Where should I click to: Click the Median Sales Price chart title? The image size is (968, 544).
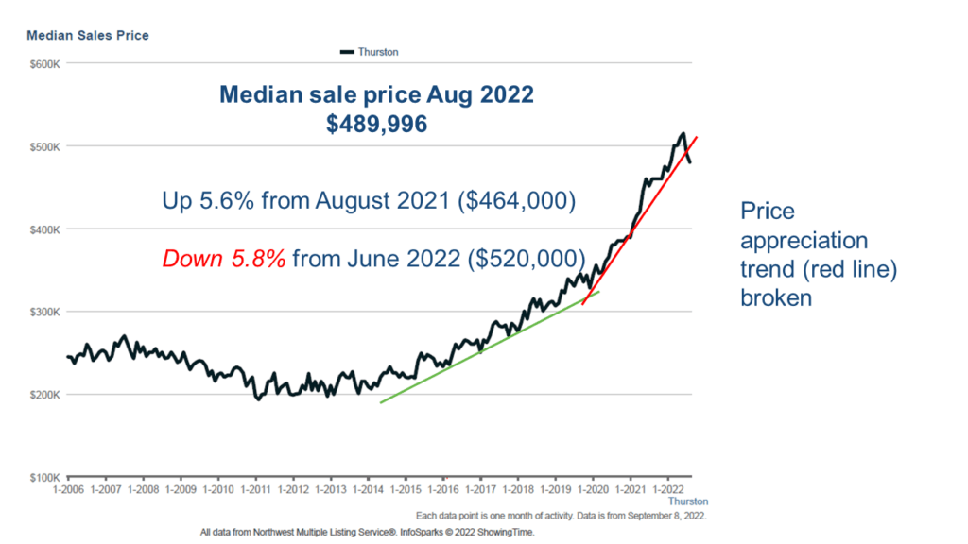coord(88,36)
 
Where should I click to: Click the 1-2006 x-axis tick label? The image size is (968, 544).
coord(68,490)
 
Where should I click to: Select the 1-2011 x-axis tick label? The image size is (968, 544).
coord(255,490)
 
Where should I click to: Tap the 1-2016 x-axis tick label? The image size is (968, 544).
coord(442,490)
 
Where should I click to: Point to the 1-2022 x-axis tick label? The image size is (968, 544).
coord(667,490)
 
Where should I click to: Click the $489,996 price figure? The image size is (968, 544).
coord(376,124)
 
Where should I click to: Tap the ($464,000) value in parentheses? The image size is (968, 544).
coord(512,201)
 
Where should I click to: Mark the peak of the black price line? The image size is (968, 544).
coord(683,134)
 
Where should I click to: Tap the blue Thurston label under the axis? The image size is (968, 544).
coord(687,501)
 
